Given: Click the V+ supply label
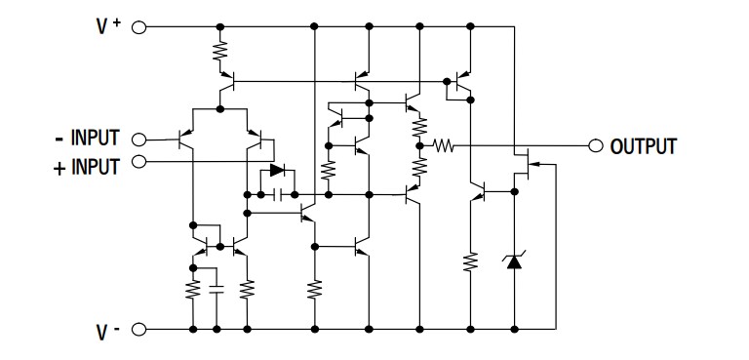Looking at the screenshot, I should (x=106, y=27).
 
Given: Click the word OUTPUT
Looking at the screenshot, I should (x=643, y=147).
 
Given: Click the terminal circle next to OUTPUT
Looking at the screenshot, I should (x=596, y=146).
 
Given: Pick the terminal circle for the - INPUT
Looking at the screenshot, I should (x=138, y=140).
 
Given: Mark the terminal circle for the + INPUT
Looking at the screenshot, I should (x=138, y=161).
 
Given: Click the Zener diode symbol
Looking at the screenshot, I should (x=513, y=260).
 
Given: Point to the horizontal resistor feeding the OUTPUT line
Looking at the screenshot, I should (x=444, y=146).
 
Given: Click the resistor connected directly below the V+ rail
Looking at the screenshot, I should (x=220, y=51).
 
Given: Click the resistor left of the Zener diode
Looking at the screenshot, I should (x=470, y=261).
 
